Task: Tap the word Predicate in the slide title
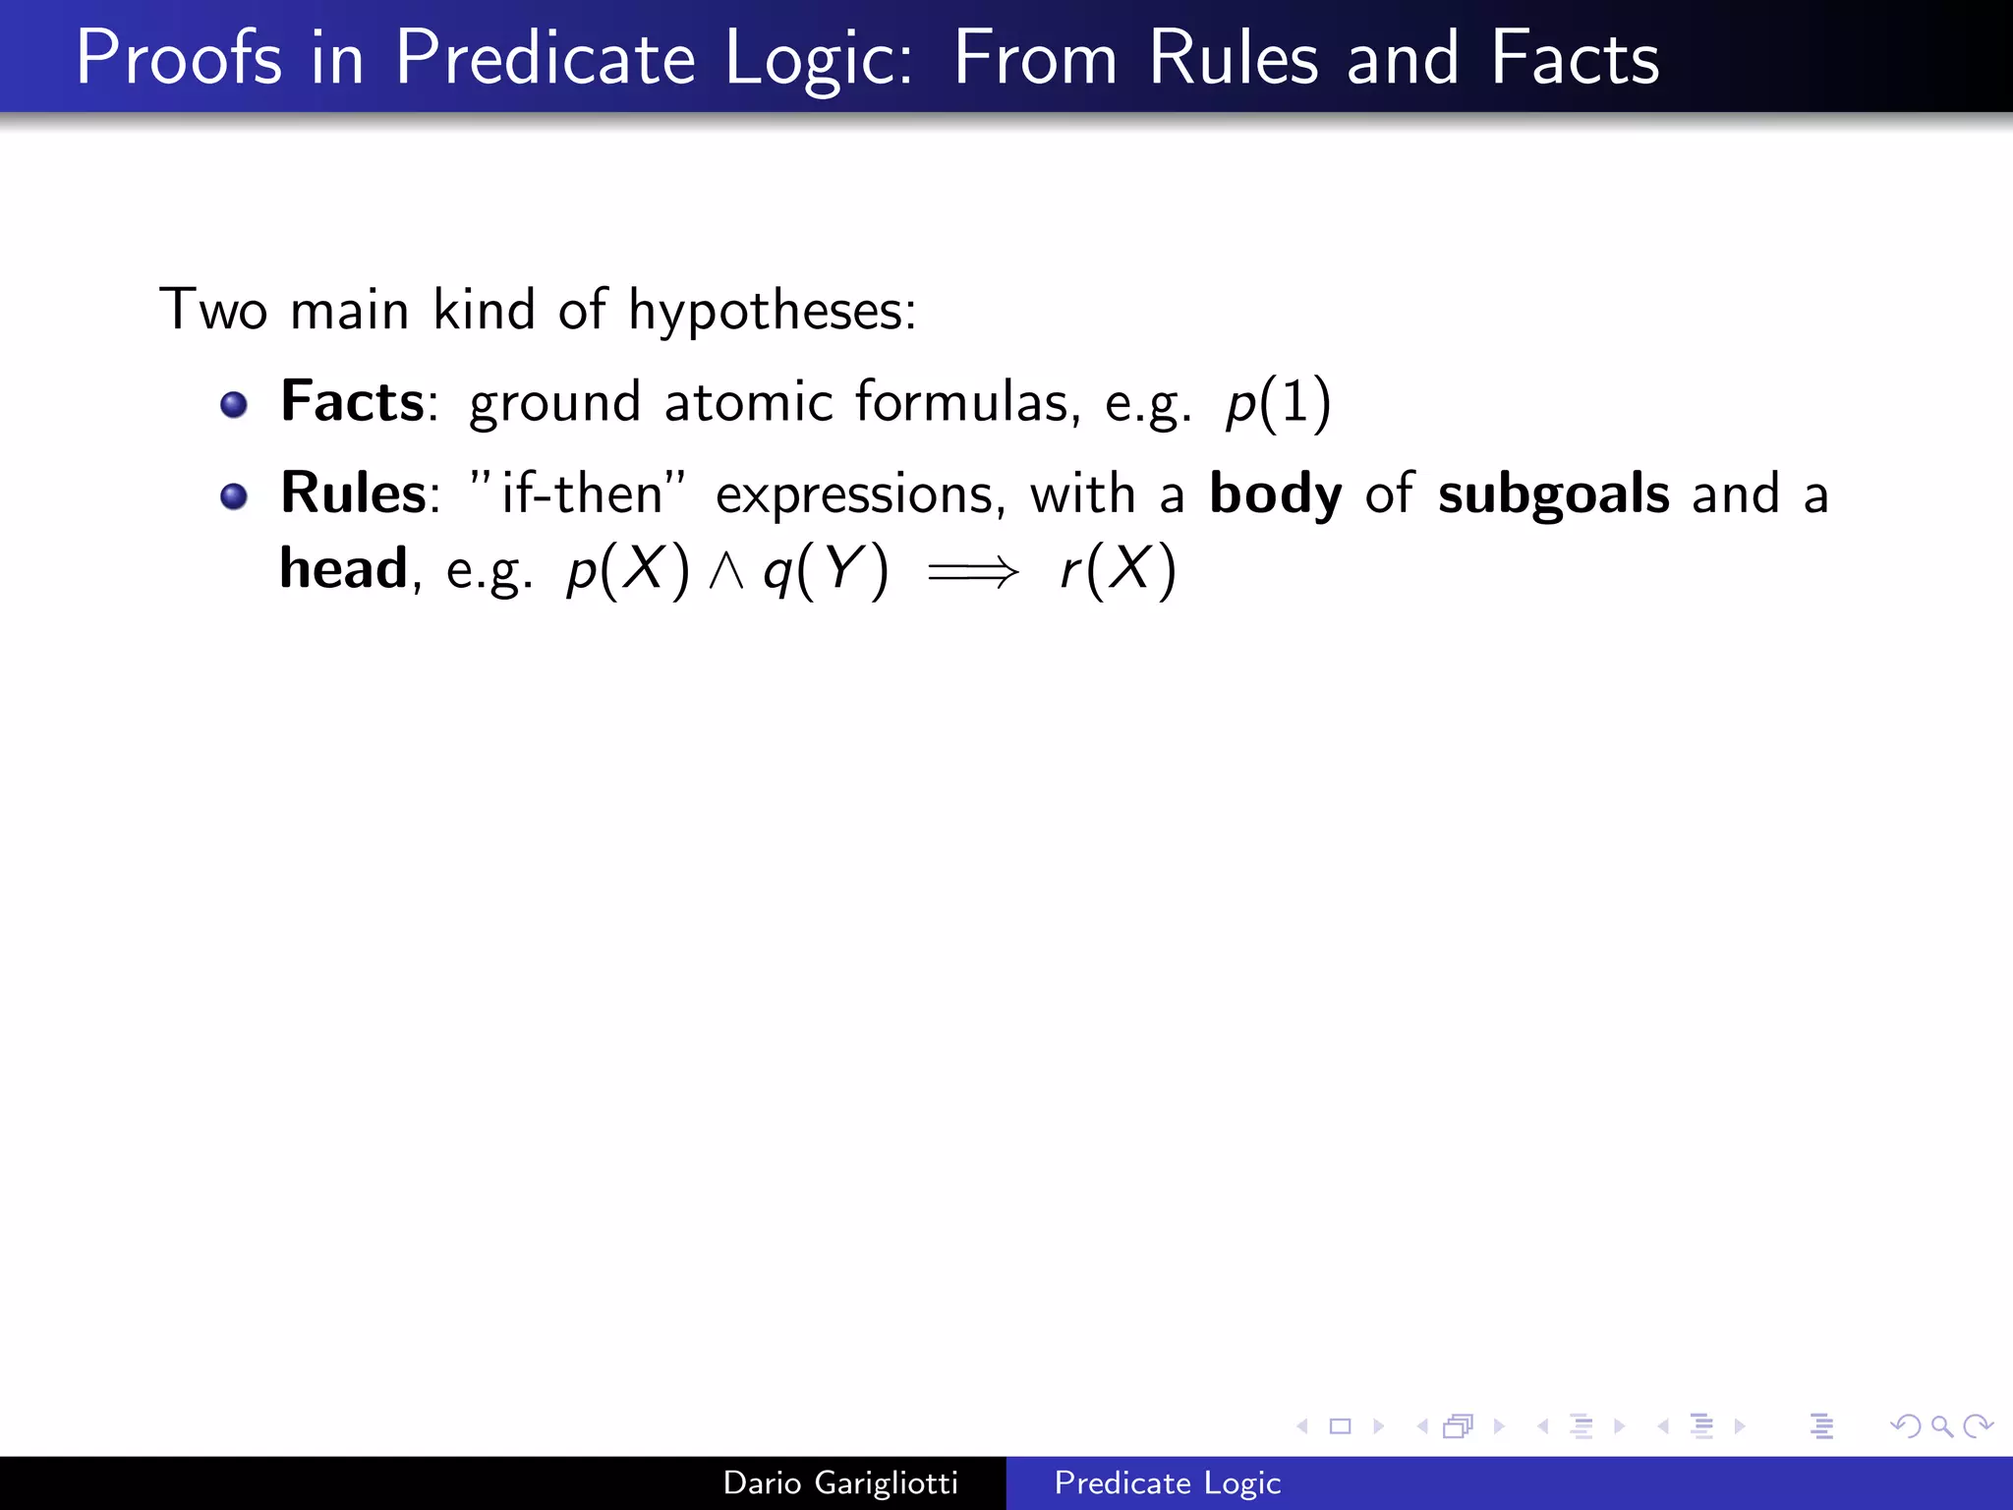[x=546, y=59]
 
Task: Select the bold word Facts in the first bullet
[x=352, y=402]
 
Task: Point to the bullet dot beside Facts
[x=234, y=404]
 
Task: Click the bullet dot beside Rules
[x=234, y=496]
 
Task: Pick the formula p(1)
[x=1278, y=404]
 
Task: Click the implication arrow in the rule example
[x=973, y=571]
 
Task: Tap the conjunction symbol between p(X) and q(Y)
[x=726, y=571]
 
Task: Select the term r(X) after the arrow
[x=1118, y=570]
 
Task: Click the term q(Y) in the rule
[x=827, y=570]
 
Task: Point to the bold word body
[x=1275, y=494]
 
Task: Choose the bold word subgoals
[x=1553, y=494]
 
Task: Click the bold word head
[x=343, y=569]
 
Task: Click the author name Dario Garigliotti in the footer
[x=840, y=1482]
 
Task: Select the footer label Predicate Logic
[x=1168, y=1482]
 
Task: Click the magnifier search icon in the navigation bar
[x=1941, y=1426]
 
